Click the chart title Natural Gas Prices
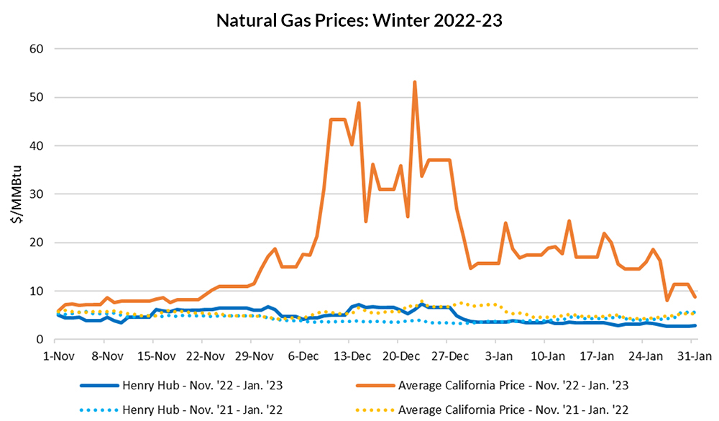(x=359, y=21)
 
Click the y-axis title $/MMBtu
(x=15, y=194)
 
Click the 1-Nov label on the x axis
(x=58, y=356)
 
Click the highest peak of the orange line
(x=415, y=82)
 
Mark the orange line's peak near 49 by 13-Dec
(x=358, y=103)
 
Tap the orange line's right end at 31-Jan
(x=695, y=296)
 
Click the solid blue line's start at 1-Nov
(x=58, y=314)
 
